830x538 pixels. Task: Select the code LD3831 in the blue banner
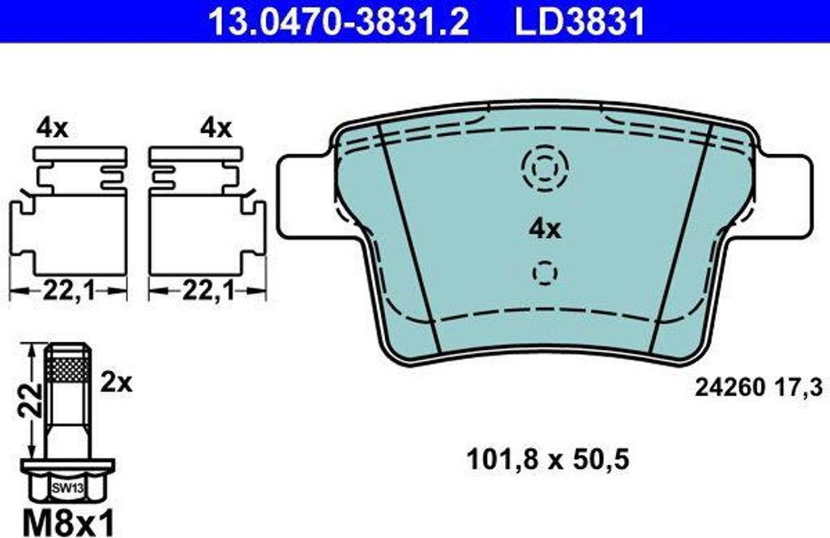580,21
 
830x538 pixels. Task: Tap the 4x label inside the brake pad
545,229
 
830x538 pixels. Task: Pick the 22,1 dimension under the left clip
69,290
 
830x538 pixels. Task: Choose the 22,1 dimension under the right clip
208,290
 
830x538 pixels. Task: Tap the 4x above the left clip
53,128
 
